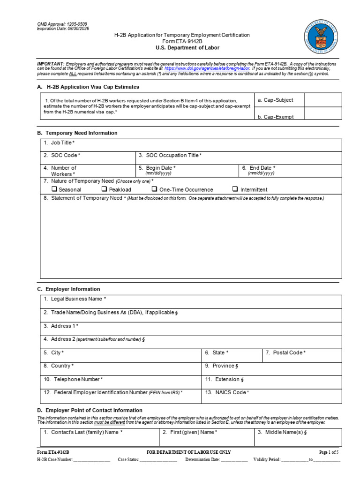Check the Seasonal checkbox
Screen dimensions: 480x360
[x=54, y=189]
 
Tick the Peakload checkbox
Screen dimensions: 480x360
[x=105, y=189]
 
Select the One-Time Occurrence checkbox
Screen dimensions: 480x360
[x=154, y=189]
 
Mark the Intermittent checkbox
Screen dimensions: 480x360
[x=235, y=189]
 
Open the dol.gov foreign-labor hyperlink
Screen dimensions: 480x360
[x=207, y=68]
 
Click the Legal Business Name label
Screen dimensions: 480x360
[x=78, y=299]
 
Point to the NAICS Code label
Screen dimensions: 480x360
[x=231, y=392]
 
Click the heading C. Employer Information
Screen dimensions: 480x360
[x=68, y=289]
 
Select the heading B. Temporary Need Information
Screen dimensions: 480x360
[x=77, y=133]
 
